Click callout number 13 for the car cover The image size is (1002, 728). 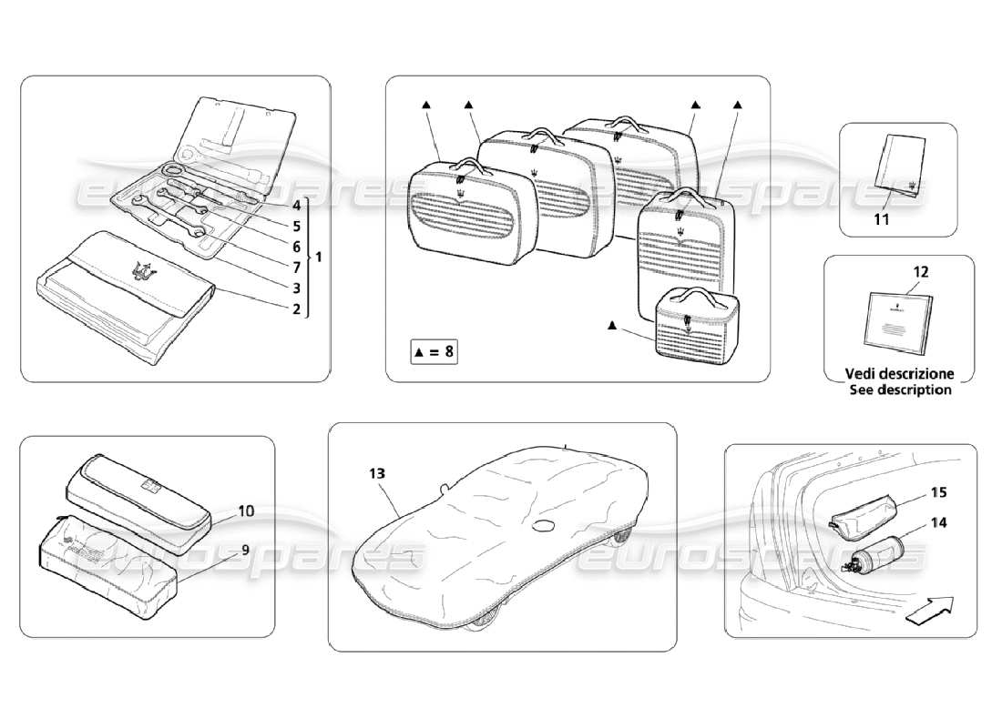[377, 473]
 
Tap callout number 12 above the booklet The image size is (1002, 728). [921, 271]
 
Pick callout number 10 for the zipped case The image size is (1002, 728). [246, 511]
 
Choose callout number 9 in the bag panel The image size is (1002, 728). [245, 549]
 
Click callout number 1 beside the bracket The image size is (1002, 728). [320, 257]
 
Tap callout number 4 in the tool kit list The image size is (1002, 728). [296, 206]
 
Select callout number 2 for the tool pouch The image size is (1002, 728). [296, 308]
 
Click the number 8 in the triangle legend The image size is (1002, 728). [448, 353]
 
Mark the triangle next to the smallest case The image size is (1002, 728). [612, 326]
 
